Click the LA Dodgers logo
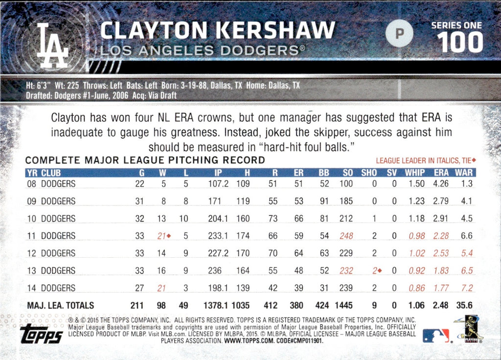pyautogui.click(x=53, y=45)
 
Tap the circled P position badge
pyautogui.click(x=399, y=33)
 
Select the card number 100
pyautogui.click(x=460, y=43)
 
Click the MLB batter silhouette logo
pyautogui.click(x=436, y=336)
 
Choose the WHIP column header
pyautogui.click(x=415, y=173)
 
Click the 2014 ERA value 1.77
pyautogui.click(x=441, y=288)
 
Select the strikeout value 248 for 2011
pyautogui.click(x=345, y=236)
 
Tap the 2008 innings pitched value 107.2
pyautogui.click(x=218, y=184)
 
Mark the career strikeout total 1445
pyautogui.click(x=343, y=306)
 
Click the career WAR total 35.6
pyautogui.click(x=463, y=306)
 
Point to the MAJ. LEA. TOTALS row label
pyautogui.click(x=60, y=306)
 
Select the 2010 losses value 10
pyautogui.click(x=183, y=219)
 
